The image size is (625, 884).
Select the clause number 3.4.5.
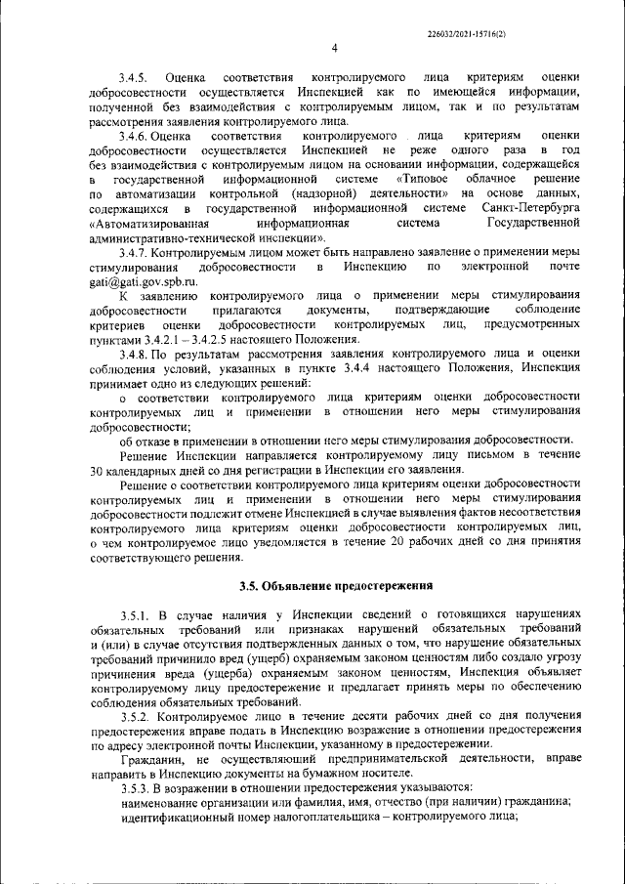pyautogui.click(x=133, y=76)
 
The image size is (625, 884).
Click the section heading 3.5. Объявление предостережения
pyautogui.click(x=335, y=586)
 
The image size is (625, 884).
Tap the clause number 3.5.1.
pyautogui.click(x=138, y=614)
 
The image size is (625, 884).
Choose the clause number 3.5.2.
pyautogui.click(x=137, y=716)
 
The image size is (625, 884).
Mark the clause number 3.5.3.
pyautogui.click(x=137, y=788)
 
